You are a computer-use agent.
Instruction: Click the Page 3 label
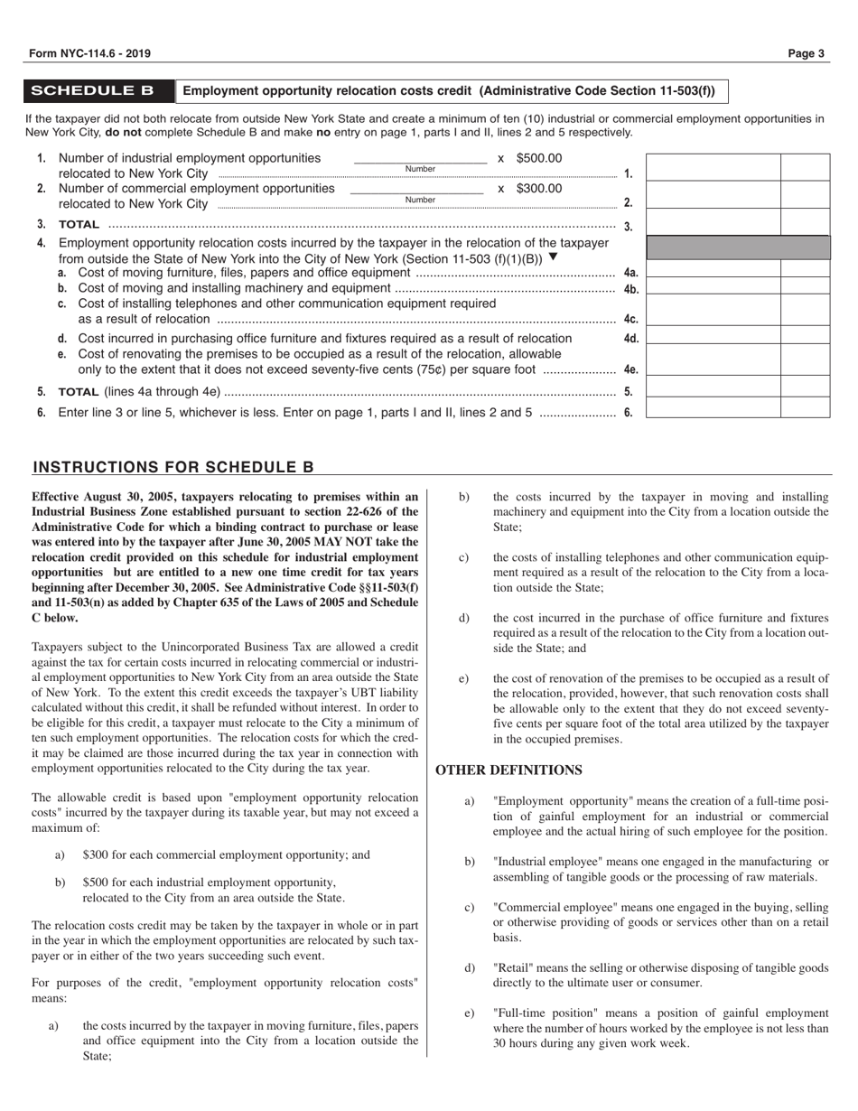807,54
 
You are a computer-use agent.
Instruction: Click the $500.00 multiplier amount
538,158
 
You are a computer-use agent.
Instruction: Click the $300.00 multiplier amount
538,189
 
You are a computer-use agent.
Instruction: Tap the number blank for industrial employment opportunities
420,159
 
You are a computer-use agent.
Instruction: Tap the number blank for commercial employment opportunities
416,190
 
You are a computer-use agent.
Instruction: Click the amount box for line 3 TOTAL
712,224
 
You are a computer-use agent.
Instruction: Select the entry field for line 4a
712,270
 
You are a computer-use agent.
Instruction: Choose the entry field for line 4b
712,288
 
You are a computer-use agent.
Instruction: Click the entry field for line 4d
712,338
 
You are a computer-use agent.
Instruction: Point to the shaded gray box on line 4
737,247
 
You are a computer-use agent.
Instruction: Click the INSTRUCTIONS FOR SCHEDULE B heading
173,467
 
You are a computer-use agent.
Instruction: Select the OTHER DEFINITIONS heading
508,770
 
